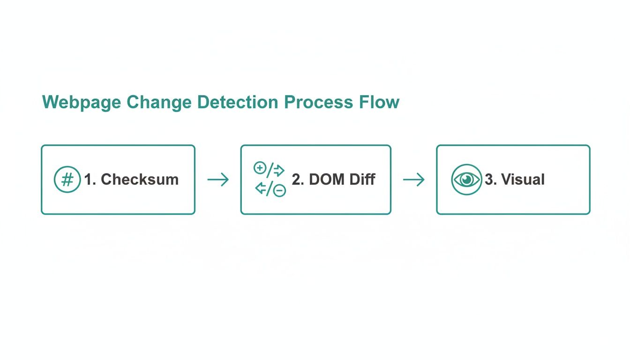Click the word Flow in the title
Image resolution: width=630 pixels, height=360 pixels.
tap(380, 102)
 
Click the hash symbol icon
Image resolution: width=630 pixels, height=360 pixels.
tap(67, 180)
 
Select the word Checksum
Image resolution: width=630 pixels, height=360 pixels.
tap(140, 180)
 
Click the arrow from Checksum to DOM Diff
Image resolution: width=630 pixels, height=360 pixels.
tap(218, 180)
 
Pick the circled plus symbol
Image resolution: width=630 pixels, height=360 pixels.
tap(259, 168)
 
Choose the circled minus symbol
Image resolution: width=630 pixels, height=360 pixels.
tap(280, 190)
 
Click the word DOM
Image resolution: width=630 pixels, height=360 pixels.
tap(324, 180)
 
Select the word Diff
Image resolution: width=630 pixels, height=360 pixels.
tap(361, 180)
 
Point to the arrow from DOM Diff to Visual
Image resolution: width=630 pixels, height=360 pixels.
tap(414, 180)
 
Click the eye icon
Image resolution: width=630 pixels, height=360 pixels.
tap(466, 180)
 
